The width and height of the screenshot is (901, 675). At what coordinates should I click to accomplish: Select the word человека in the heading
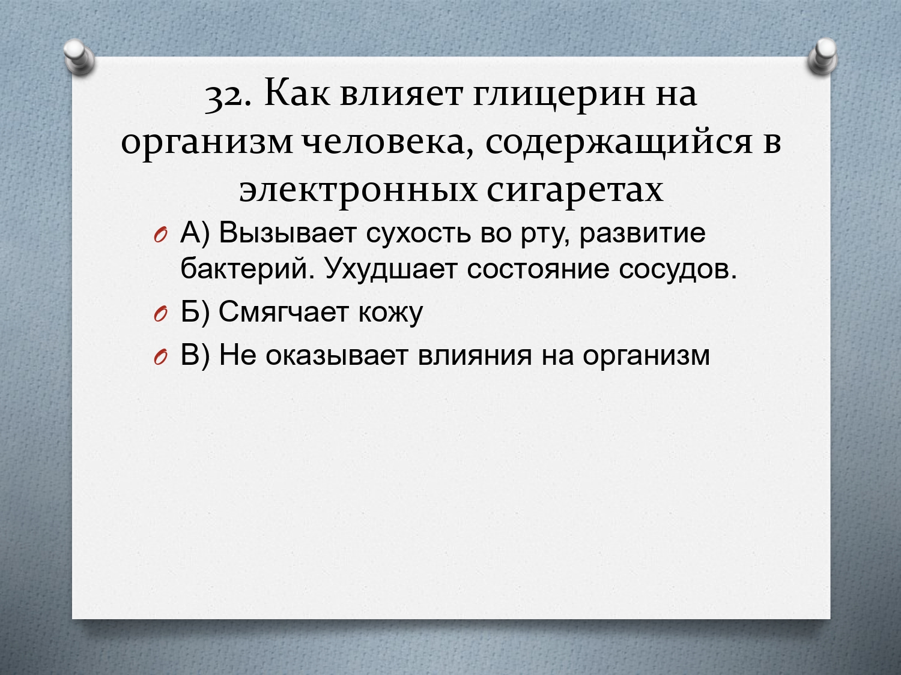(388, 144)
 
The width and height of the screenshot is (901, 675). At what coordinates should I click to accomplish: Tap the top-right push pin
(822, 56)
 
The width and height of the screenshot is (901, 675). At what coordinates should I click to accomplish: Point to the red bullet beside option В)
(160, 358)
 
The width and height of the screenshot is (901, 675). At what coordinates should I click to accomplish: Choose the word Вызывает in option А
(287, 233)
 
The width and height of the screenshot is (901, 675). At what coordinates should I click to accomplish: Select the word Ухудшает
(390, 270)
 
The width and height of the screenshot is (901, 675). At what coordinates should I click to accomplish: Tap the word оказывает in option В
(336, 355)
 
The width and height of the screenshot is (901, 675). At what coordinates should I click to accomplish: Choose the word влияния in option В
(475, 355)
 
